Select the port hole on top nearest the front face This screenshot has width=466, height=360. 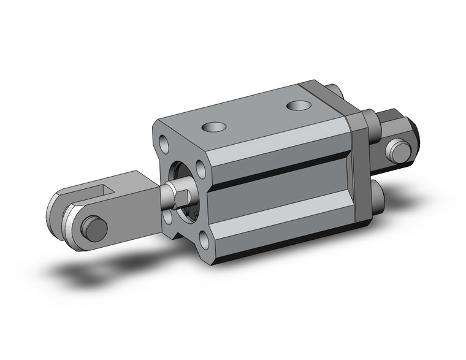pos(214,128)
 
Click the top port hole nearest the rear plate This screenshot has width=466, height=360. pos(300,106)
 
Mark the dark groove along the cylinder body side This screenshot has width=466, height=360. pos(282,172)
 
